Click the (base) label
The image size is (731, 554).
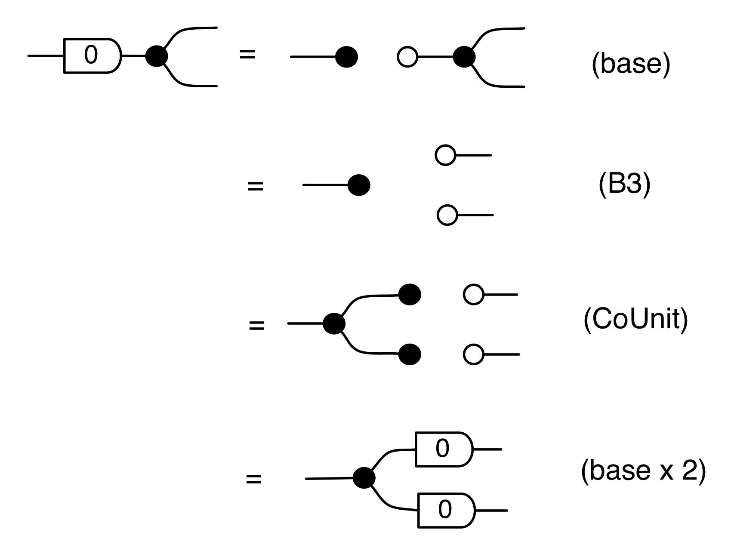(631, 65)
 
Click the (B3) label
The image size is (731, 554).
(624, 185)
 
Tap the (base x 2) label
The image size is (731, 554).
(643, 471)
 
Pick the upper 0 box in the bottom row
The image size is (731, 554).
(443, 449)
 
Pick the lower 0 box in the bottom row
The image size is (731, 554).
(446, 511)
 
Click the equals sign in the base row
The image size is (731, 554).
(247, 55)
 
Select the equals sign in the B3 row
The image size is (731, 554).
(255, 186)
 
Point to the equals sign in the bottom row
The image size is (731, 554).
(254, 479)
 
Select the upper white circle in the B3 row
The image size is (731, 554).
(445, 155)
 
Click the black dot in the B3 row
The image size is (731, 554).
(358, 185)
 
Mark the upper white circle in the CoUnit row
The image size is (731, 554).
(474, 295)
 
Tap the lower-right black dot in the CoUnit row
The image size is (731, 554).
(410, 354)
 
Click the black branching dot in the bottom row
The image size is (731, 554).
(364, 478)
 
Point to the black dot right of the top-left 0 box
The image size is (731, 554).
(156, 56)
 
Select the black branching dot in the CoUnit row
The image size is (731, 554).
(334, 323)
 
